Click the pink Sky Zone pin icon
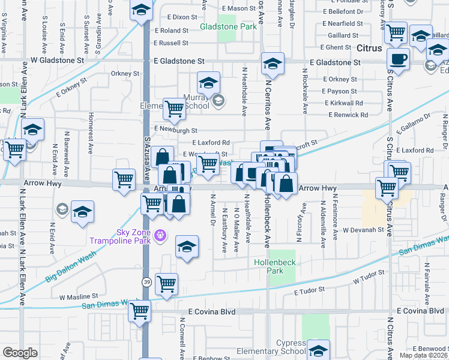tap(159, 235)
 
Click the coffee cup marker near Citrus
tap(398, 59)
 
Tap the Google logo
tap(20, 353)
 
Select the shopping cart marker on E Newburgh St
tap(175, 109)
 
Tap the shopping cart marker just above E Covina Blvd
tap(139, 310)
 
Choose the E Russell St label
tap(171, 43)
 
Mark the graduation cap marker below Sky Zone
tap(187, 247)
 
